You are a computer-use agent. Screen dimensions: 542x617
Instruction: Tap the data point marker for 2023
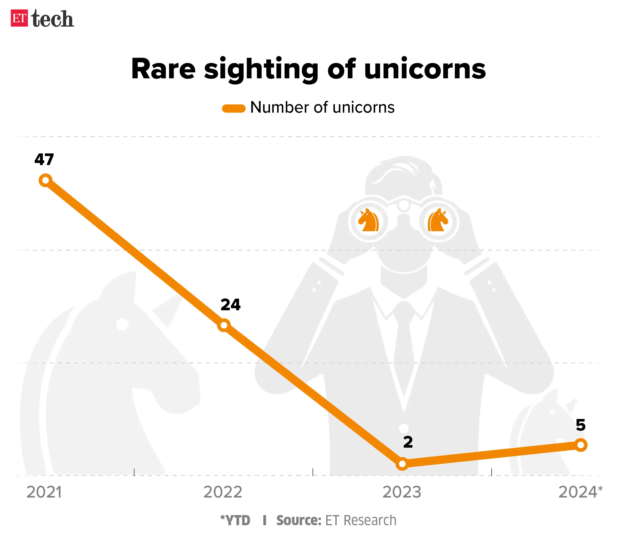pyautogui.click(x=402, y=463)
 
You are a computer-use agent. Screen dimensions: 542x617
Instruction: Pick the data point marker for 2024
pyautogui.click(x=581, y=445)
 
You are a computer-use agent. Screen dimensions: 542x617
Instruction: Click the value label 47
pyautogui.click(x=44, y=159)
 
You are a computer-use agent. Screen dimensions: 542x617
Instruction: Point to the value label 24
pyautogui.click(x=231, y=305)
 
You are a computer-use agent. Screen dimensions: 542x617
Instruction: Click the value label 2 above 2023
pyautogui.click(x=408, y=442)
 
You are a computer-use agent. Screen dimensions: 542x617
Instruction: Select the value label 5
pyautogui.click(x=580, y=425)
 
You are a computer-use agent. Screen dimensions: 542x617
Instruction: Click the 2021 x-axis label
pyautogui.click(x=44, y=492)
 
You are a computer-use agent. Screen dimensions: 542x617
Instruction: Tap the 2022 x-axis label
pyautogui.click(x=223, y=492)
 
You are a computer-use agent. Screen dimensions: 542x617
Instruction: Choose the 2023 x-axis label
pyautogui.click(x=402, y=492)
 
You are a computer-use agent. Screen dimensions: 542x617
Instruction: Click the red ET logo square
pyautogui.click(x=19, y=18)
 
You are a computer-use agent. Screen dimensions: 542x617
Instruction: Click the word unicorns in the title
pyautogui.click(x=425, y=69)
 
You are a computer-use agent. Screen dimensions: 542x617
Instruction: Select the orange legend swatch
pyautogui.click(x=234, y=108)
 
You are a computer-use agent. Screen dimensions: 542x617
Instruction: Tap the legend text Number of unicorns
pyautogui.click(x=322, y=107)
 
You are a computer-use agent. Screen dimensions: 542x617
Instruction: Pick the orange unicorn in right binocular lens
pyautogui.click(x=438, y=220)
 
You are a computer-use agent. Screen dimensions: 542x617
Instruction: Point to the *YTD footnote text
pyautogui.click(x=235, y=520)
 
